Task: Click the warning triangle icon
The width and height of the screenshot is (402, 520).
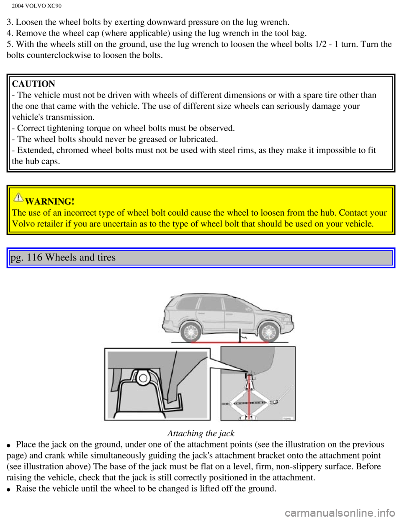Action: (18, 196)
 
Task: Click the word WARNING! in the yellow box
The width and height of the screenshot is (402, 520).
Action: (50, 201)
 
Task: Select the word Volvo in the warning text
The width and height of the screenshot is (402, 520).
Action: (23, 224)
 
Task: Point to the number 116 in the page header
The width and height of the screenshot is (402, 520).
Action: (34, 257)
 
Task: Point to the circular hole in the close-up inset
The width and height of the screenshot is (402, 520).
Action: (143, 378)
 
